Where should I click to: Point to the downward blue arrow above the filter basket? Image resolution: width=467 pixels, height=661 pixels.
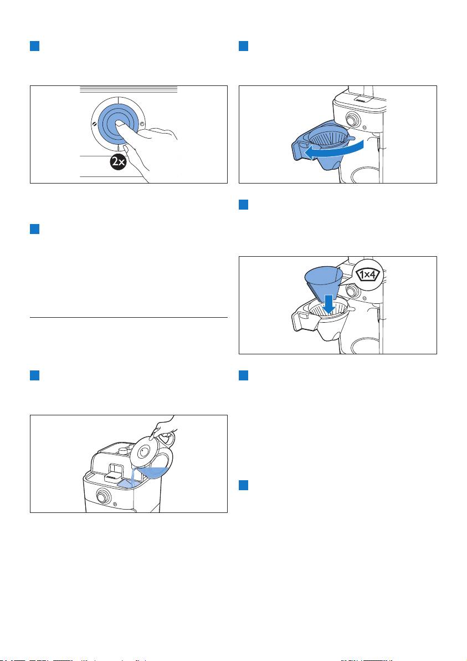(x=329, y=304)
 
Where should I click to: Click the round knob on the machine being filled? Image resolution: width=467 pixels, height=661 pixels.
(x=101, y=497)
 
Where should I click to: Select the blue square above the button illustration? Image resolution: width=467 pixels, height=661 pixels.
(x=34, y=46)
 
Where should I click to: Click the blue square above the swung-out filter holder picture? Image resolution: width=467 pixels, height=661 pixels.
(x=243, y=46)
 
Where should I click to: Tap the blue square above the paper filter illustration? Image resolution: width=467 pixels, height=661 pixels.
(x=243, y=205)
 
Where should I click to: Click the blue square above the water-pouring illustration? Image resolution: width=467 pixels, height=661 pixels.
(x=34, y=375)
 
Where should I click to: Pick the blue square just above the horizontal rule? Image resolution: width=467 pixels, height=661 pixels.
(x=34, y=229)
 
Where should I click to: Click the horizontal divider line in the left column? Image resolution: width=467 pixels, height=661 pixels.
(x=129, y=317)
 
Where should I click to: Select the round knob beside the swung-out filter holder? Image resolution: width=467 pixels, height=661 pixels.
(x=352, y=119)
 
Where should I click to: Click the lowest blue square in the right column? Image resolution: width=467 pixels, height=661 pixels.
(x=243, y=485)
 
